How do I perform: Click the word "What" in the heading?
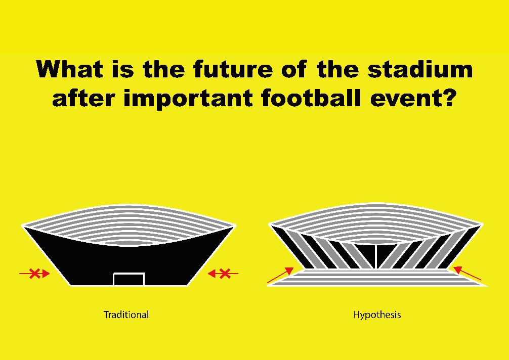pyautogui.click(x=69, y=69)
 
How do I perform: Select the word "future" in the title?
pyautogui.click(x=233, y=69)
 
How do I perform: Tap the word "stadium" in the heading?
pyautogui.click(x=420, y=69)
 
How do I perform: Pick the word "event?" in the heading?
pyautogui.click(x=413, y=98)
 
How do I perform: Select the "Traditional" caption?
pyautogui.click(x=126, y=314)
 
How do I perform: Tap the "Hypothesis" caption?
pyautogui.click(x=377, y=314)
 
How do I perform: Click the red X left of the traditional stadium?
pyautogui.click(x=34, y=274)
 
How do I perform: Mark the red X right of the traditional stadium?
pyautogui.click(x=225, y=274)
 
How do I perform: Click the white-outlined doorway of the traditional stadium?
pyautogui.click(x=129, y=274)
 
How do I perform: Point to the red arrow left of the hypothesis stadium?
pyautogui.click(x=280, y=276)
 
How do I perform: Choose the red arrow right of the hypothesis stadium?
pyautogui.click(x=467, y=273)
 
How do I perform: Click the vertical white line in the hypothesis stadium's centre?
pyautogui.click(x=375, y=256)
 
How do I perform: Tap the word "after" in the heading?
pyautogui.click(x=83, y=98)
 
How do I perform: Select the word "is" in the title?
pyautogui.click(x=123, y=69)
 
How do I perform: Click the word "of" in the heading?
pyautogui.click(x=294, y=69)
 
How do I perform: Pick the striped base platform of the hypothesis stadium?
pyautogui.click(x=376, y=278)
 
